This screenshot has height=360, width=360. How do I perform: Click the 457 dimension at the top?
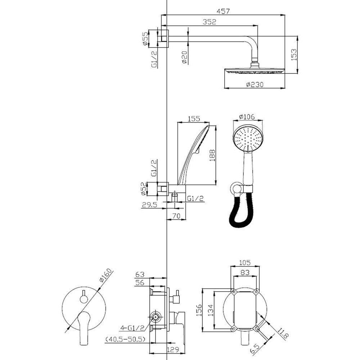[x=223, y=11]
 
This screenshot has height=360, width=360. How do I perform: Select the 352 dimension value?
[x=210, y=22]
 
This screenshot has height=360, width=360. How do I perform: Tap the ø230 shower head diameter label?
[x=255, y=85]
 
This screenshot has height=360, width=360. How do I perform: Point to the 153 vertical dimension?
[x=294, y=55]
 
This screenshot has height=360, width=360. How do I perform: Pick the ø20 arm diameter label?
[x=185, y=57]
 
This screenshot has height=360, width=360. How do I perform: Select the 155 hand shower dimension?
[x=194, y=118]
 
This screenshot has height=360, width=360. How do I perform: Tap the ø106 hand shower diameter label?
[x=247, y=117]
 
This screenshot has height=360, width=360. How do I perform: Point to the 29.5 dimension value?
[x=149, y=204]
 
